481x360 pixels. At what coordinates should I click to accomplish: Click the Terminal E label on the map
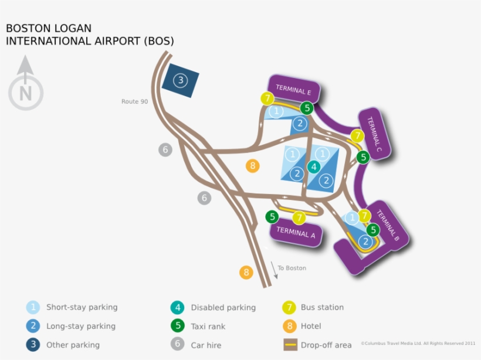point(293,90)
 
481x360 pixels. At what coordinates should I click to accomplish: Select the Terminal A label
point(296,232)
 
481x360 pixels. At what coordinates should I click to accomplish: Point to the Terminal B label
point(388,226)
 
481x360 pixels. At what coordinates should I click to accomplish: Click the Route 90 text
point(134,101)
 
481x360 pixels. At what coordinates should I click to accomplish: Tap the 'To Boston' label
point(292,268)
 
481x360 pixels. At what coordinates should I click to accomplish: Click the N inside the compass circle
point(25,93)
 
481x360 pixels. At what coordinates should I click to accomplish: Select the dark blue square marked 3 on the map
point(181,80)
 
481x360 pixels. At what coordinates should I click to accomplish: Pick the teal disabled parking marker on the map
point(314,167)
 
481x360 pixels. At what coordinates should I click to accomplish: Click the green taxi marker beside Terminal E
point(306,108)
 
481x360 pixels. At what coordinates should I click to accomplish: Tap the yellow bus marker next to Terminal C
point(357,136)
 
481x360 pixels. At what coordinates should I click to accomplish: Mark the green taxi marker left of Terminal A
point(272,217)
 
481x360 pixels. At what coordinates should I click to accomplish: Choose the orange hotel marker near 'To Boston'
point(246,272)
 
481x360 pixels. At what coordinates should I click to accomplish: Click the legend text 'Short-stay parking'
point(82,307)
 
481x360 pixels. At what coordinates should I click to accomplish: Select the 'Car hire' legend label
point(206,345)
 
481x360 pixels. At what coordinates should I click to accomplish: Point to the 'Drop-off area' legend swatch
point(291,345)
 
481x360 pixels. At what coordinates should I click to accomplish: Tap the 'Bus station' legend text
point(322,307)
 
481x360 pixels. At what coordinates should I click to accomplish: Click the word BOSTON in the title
point(28,28)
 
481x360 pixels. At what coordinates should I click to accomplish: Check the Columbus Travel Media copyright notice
point(418,344)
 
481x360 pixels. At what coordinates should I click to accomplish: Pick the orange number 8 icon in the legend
point(289,326)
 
